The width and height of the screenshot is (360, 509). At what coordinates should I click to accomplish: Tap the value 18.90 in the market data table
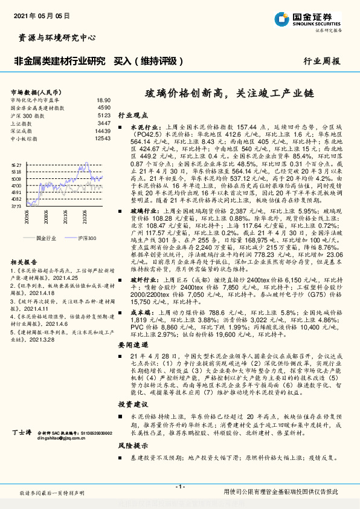click(x=103, y=100)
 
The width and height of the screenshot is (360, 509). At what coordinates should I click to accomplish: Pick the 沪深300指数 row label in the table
click(x=27, y=114)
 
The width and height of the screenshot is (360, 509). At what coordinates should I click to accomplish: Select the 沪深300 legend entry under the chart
click(x=86, y=238)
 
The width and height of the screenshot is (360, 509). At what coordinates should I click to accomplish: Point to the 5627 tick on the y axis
click(x=16, y=164)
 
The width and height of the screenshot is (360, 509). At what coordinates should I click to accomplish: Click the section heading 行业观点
click(x=132, y=114)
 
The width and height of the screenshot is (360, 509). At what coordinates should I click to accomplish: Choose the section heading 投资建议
click(x=132, y=402)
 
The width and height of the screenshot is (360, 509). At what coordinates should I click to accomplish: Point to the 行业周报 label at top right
click(x=321, y=61)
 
